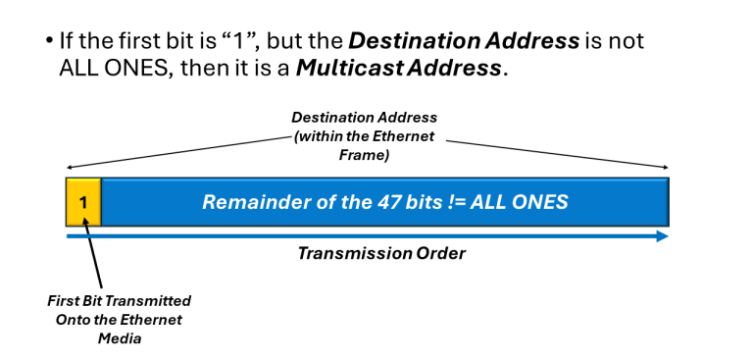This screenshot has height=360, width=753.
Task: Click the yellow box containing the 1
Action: coord(83,202)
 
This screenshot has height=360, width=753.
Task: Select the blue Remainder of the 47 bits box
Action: coord(384,202)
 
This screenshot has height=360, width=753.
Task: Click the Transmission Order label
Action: coord(381,253)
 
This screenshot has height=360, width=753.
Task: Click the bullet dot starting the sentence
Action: coord(50,44)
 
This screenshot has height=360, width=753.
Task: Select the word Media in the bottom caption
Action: coord(119,337)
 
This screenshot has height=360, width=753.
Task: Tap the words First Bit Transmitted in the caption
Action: coord(119,300)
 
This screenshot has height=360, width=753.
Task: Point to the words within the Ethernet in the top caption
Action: coord(365,135)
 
